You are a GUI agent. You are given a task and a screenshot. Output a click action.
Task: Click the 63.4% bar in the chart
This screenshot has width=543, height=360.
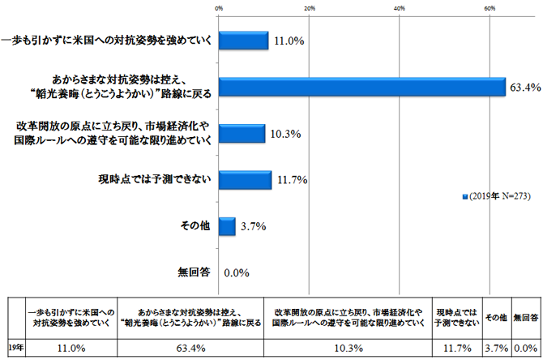pyautogui.click(x=361, y=86)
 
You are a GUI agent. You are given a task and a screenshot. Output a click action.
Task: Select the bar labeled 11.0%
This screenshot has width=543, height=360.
pyautogui.click(x=244, y=40)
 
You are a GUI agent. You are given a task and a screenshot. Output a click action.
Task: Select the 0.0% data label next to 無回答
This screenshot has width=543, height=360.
pyautogui.click(x=235, y=272)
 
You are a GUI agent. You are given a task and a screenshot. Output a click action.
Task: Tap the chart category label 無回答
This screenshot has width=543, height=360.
pyautogui.click(x=195, y=272)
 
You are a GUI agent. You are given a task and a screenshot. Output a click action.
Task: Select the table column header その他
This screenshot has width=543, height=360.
pyautogui.click(x=496, y=316)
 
